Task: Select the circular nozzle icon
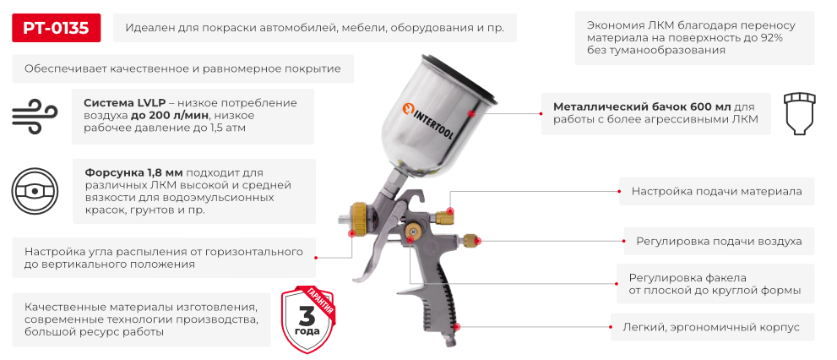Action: point(35,191)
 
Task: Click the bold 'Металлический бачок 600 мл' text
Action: point(642,107)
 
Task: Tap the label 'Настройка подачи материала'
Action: point(716,191)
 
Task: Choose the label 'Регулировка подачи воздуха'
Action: point(719,241)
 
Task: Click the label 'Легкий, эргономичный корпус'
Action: point(712,326)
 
